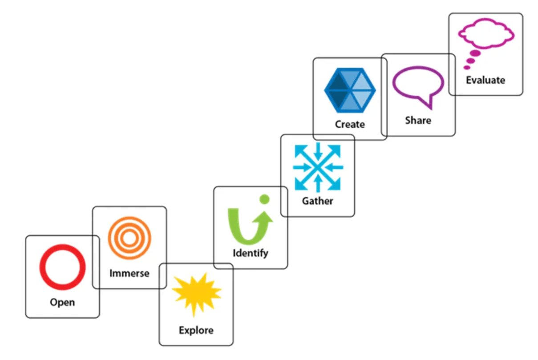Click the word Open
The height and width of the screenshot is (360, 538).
(62, 303)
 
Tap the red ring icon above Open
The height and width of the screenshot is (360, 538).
(62, 267)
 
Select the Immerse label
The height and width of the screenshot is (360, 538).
(129, 273)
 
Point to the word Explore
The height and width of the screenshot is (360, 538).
(196, 331)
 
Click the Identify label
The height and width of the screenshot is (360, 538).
(251, 254)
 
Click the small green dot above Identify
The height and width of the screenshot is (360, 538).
(264, 199)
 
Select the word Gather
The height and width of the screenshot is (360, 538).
(318, 201)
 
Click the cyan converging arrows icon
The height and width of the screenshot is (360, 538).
(318, 167)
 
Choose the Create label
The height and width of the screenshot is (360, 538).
(350, 125)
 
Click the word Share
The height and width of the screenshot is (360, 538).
(418, 121)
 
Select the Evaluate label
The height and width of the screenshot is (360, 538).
(485, 81)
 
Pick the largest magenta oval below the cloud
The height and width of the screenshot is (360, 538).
(475, 54)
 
